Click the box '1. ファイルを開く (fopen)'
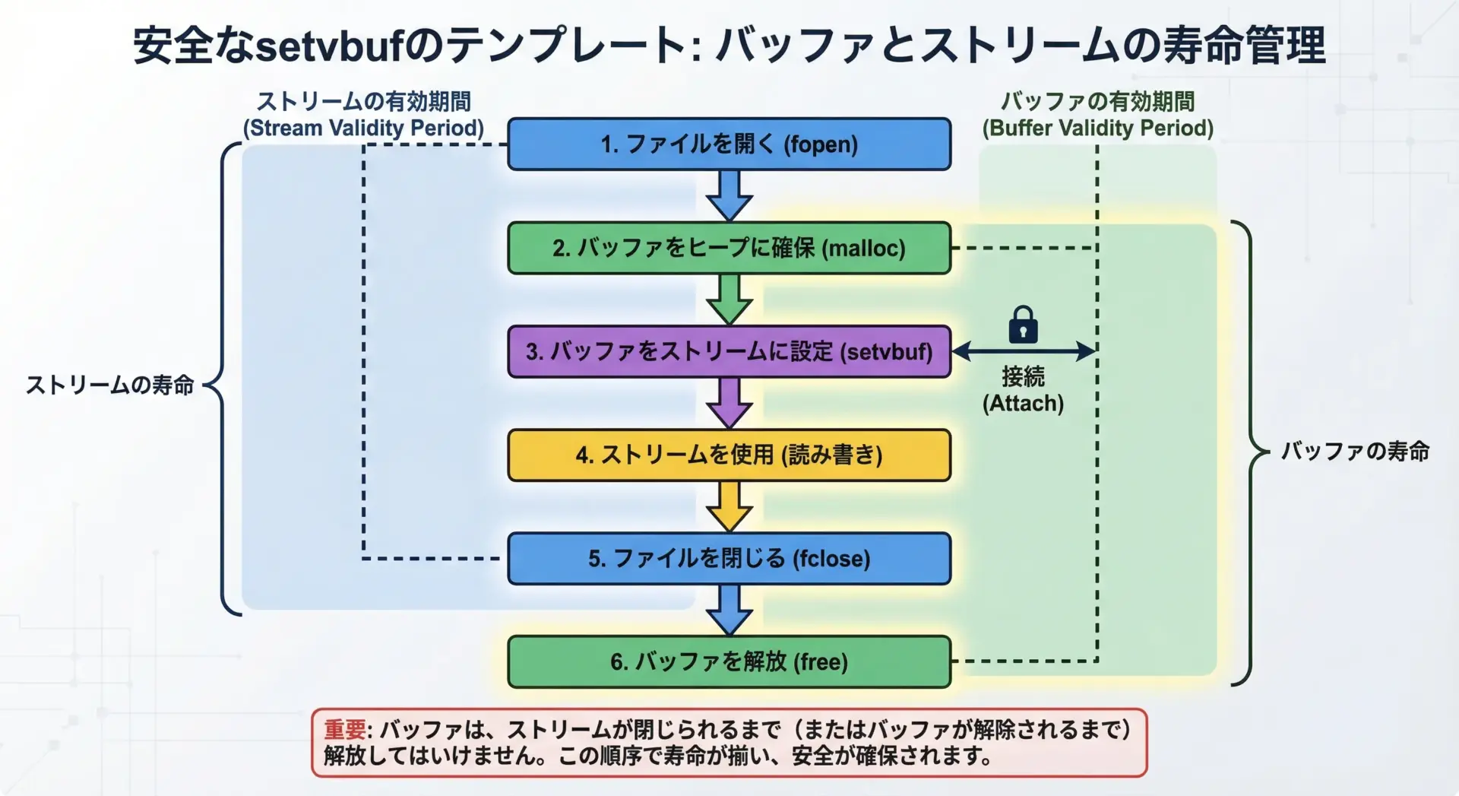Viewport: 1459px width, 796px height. click(729, 144)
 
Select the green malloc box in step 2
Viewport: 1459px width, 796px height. click(729, 248)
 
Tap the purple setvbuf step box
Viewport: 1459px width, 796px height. click(729, 351)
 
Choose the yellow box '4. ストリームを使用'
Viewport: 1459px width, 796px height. click(729, 455)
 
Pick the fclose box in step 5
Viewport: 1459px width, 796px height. click(729, 559)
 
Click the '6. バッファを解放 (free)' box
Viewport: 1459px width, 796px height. click(729, 661)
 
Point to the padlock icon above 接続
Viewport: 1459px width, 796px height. click(1023, 325)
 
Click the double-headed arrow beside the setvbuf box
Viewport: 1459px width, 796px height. click(1023, 351)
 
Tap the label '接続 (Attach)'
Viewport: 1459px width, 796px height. click(1023, 389)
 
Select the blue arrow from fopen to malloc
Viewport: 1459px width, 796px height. click(729, 195)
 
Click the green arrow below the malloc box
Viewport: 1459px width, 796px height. click(729, 299)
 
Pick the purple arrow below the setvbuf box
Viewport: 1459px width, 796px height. click(729, 402)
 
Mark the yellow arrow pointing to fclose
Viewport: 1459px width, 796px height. click(729, 506)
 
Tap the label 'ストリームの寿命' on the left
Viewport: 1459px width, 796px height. click(110, 385)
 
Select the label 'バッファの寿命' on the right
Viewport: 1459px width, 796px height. click(1355, 451)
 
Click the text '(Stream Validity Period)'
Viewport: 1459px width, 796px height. click(363, 128)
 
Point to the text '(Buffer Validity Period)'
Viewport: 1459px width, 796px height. click(1097, 128)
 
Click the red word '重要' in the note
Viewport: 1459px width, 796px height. click(344, 730)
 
